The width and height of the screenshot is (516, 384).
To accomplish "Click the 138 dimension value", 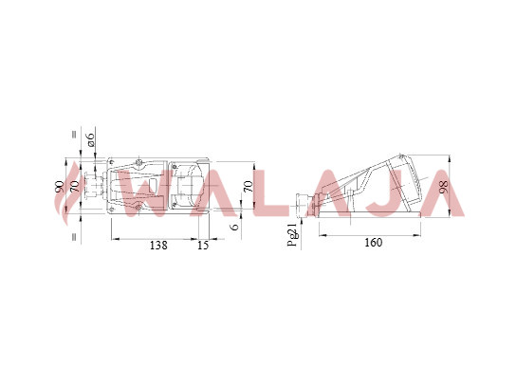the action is (x=158, y=246).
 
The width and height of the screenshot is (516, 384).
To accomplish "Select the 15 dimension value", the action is (x=203, y=246).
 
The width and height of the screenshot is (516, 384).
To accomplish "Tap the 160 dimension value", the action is (x=374, y=243).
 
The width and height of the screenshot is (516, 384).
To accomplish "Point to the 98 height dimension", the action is (x=444, y=187).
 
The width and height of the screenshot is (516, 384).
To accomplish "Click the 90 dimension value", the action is (x=59, y=187).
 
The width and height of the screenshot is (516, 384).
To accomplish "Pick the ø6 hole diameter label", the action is (x=90, y=139).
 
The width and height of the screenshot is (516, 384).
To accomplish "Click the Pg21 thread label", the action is (x=292, y=234).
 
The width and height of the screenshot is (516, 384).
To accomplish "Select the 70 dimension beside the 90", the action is (x=75, y=187).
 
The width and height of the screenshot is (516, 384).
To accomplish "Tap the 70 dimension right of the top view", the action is (x=249, y=187).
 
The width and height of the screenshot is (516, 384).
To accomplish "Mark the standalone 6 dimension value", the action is (x=235, y=227).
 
